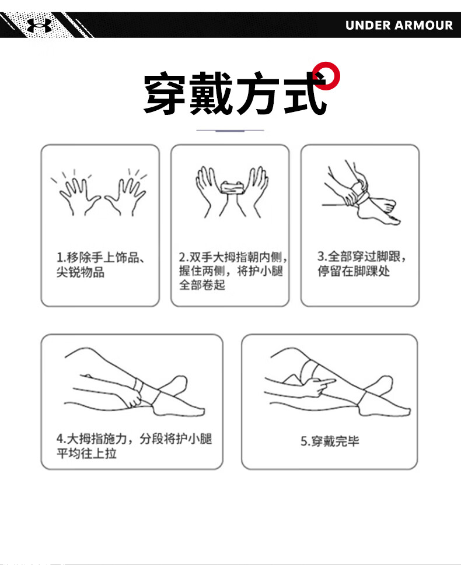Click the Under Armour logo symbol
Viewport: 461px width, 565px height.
39,25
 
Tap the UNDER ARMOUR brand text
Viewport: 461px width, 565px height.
399,25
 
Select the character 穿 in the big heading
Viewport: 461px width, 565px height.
165,93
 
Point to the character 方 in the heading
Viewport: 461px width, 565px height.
257,93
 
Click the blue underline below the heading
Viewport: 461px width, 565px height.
230,131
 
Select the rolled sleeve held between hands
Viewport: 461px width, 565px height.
232,188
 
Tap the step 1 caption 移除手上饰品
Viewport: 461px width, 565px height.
100,257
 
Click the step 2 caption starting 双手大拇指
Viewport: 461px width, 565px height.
233,271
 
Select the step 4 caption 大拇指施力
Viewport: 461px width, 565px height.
92,439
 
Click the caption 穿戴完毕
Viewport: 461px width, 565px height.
330,441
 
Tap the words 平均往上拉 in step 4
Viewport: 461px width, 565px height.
86,453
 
